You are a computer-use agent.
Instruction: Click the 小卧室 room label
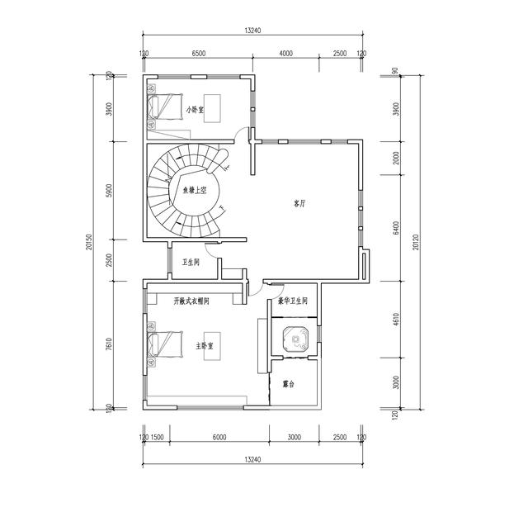[x=196, y=109]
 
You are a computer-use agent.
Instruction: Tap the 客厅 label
[x=300, y=202]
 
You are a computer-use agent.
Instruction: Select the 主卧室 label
[x=205, y=345]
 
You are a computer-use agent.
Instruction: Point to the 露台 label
[x=289, y=385]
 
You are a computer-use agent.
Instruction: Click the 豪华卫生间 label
[x=293, y=301]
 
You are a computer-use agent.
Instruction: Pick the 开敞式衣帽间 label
[x=191, y=301]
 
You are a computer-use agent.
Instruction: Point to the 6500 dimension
[x=199, y=54]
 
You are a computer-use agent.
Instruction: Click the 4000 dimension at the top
[x=285, y=54]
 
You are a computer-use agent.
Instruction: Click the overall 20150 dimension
[x=89, y=243]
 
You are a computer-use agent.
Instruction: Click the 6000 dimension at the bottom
[x=218, y=438]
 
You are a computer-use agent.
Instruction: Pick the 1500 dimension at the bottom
[x=157, y=438]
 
